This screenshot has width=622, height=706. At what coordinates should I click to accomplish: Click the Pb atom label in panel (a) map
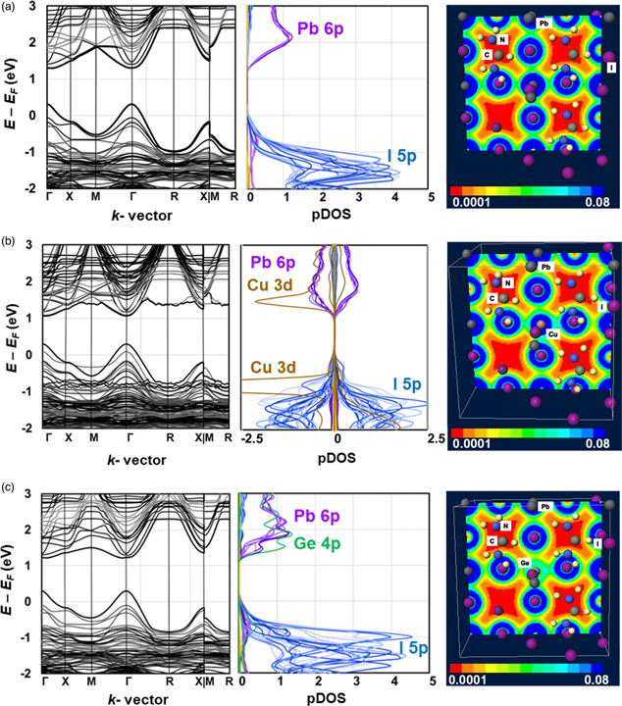pos(544,22)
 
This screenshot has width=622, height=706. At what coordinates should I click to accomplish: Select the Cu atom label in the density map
pos(553,333)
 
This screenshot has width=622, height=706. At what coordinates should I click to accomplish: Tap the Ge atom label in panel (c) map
pos(527,563)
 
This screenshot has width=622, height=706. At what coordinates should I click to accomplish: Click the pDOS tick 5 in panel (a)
pos(431,197)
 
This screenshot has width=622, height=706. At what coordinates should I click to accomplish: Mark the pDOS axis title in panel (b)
pos(337,453)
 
